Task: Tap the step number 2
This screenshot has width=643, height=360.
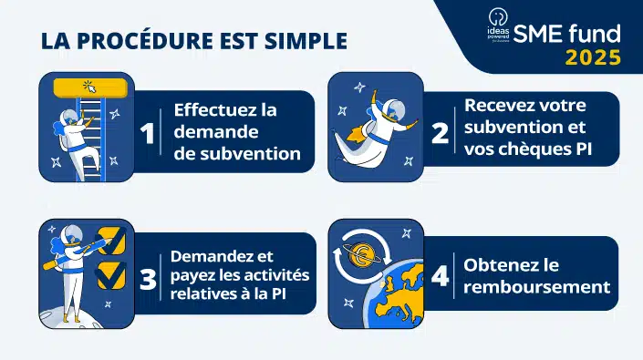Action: (440, 133)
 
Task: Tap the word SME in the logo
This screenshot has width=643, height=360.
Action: (537, 35)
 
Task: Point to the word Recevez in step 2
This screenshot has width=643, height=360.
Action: (499, 105)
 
